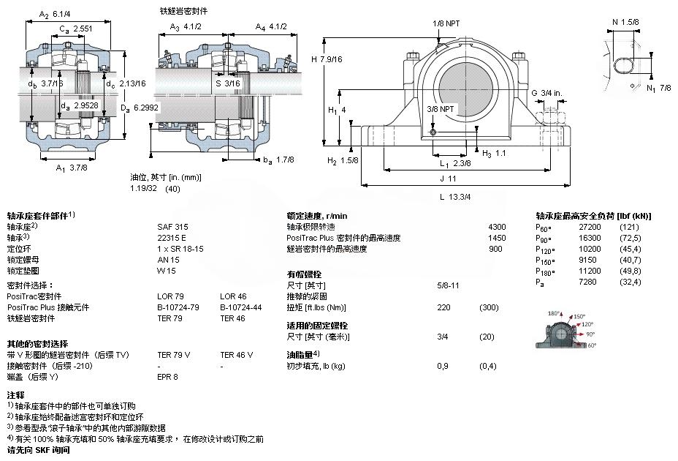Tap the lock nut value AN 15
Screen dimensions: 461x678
click(168, 260)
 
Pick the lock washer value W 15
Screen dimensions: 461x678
click(166, 271)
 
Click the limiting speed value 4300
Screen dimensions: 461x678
click(497, 227)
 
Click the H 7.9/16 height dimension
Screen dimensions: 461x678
click(328, 59)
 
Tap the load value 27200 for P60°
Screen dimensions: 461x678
click(590, 227)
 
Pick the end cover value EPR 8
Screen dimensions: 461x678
click(168, 377)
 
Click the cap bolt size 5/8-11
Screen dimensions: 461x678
click(448, 285)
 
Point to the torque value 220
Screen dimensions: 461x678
click(443, 307)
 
